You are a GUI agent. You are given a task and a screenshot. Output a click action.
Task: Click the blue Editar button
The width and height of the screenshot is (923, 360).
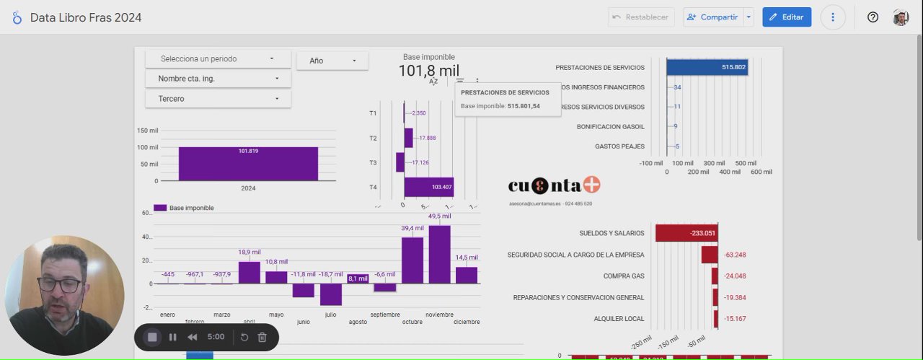(787, 17)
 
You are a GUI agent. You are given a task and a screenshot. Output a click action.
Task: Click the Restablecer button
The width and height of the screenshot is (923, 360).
(640, 17)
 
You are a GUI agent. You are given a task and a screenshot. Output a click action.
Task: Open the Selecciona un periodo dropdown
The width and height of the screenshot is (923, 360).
(218, 59)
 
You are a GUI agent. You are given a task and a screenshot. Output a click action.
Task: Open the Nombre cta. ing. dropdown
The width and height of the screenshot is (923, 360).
(218, 79)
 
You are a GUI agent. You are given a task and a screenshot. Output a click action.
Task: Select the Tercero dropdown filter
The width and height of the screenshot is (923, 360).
(218, 99)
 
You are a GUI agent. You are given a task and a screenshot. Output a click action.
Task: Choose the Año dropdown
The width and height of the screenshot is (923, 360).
(332, 61)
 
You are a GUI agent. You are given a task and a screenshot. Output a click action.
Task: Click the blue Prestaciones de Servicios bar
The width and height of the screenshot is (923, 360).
(706, 67)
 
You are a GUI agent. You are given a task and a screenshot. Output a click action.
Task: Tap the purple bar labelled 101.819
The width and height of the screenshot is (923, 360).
(248, 164)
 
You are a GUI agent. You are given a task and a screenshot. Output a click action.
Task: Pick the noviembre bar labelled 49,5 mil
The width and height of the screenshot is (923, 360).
(439, 254)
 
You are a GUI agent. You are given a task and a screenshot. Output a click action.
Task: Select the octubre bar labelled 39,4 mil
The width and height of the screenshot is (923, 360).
(412, 260)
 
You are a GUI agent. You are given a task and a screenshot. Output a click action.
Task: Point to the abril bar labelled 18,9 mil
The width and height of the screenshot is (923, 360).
(249, 272)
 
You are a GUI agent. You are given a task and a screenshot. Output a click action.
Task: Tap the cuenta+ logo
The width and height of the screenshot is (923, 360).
(554, 185)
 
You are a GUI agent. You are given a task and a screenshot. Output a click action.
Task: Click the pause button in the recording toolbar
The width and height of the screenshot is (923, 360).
(172, 337)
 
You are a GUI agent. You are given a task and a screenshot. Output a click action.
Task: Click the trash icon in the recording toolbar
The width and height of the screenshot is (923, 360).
(262, 337)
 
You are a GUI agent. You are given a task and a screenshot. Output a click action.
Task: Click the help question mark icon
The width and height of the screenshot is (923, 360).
(873, 17)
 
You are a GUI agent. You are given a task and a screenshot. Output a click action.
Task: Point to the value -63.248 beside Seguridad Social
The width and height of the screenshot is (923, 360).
(735, 255)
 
